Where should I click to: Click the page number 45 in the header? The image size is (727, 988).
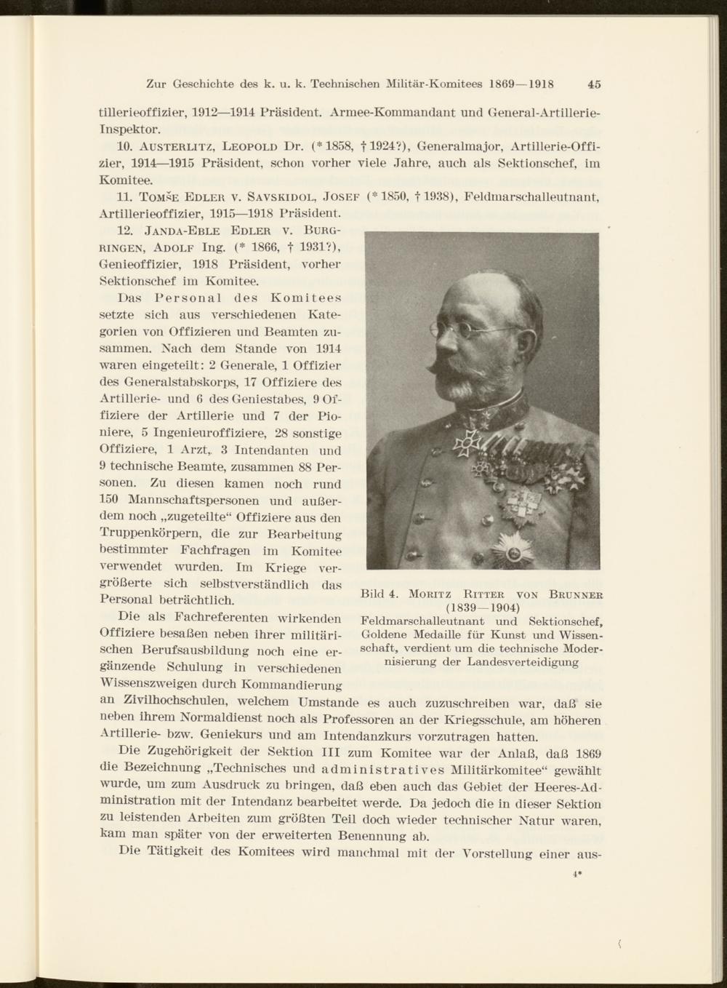594,84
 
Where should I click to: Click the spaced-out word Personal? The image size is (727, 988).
188,298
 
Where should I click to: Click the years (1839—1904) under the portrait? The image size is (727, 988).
482,607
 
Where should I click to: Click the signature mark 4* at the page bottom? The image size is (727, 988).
577,876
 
